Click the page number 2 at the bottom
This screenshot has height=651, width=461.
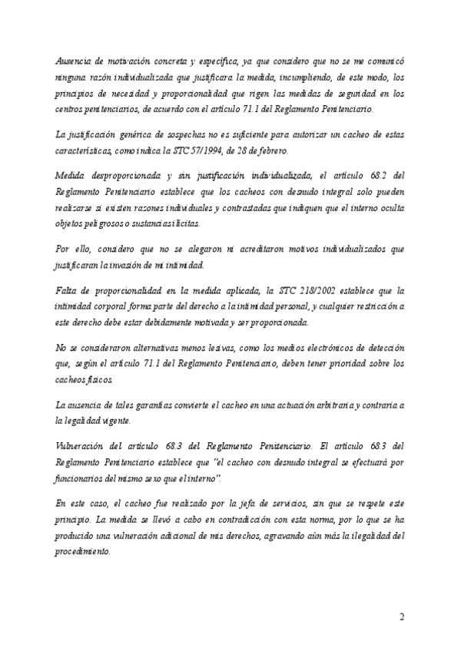click(x=402, y=617)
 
